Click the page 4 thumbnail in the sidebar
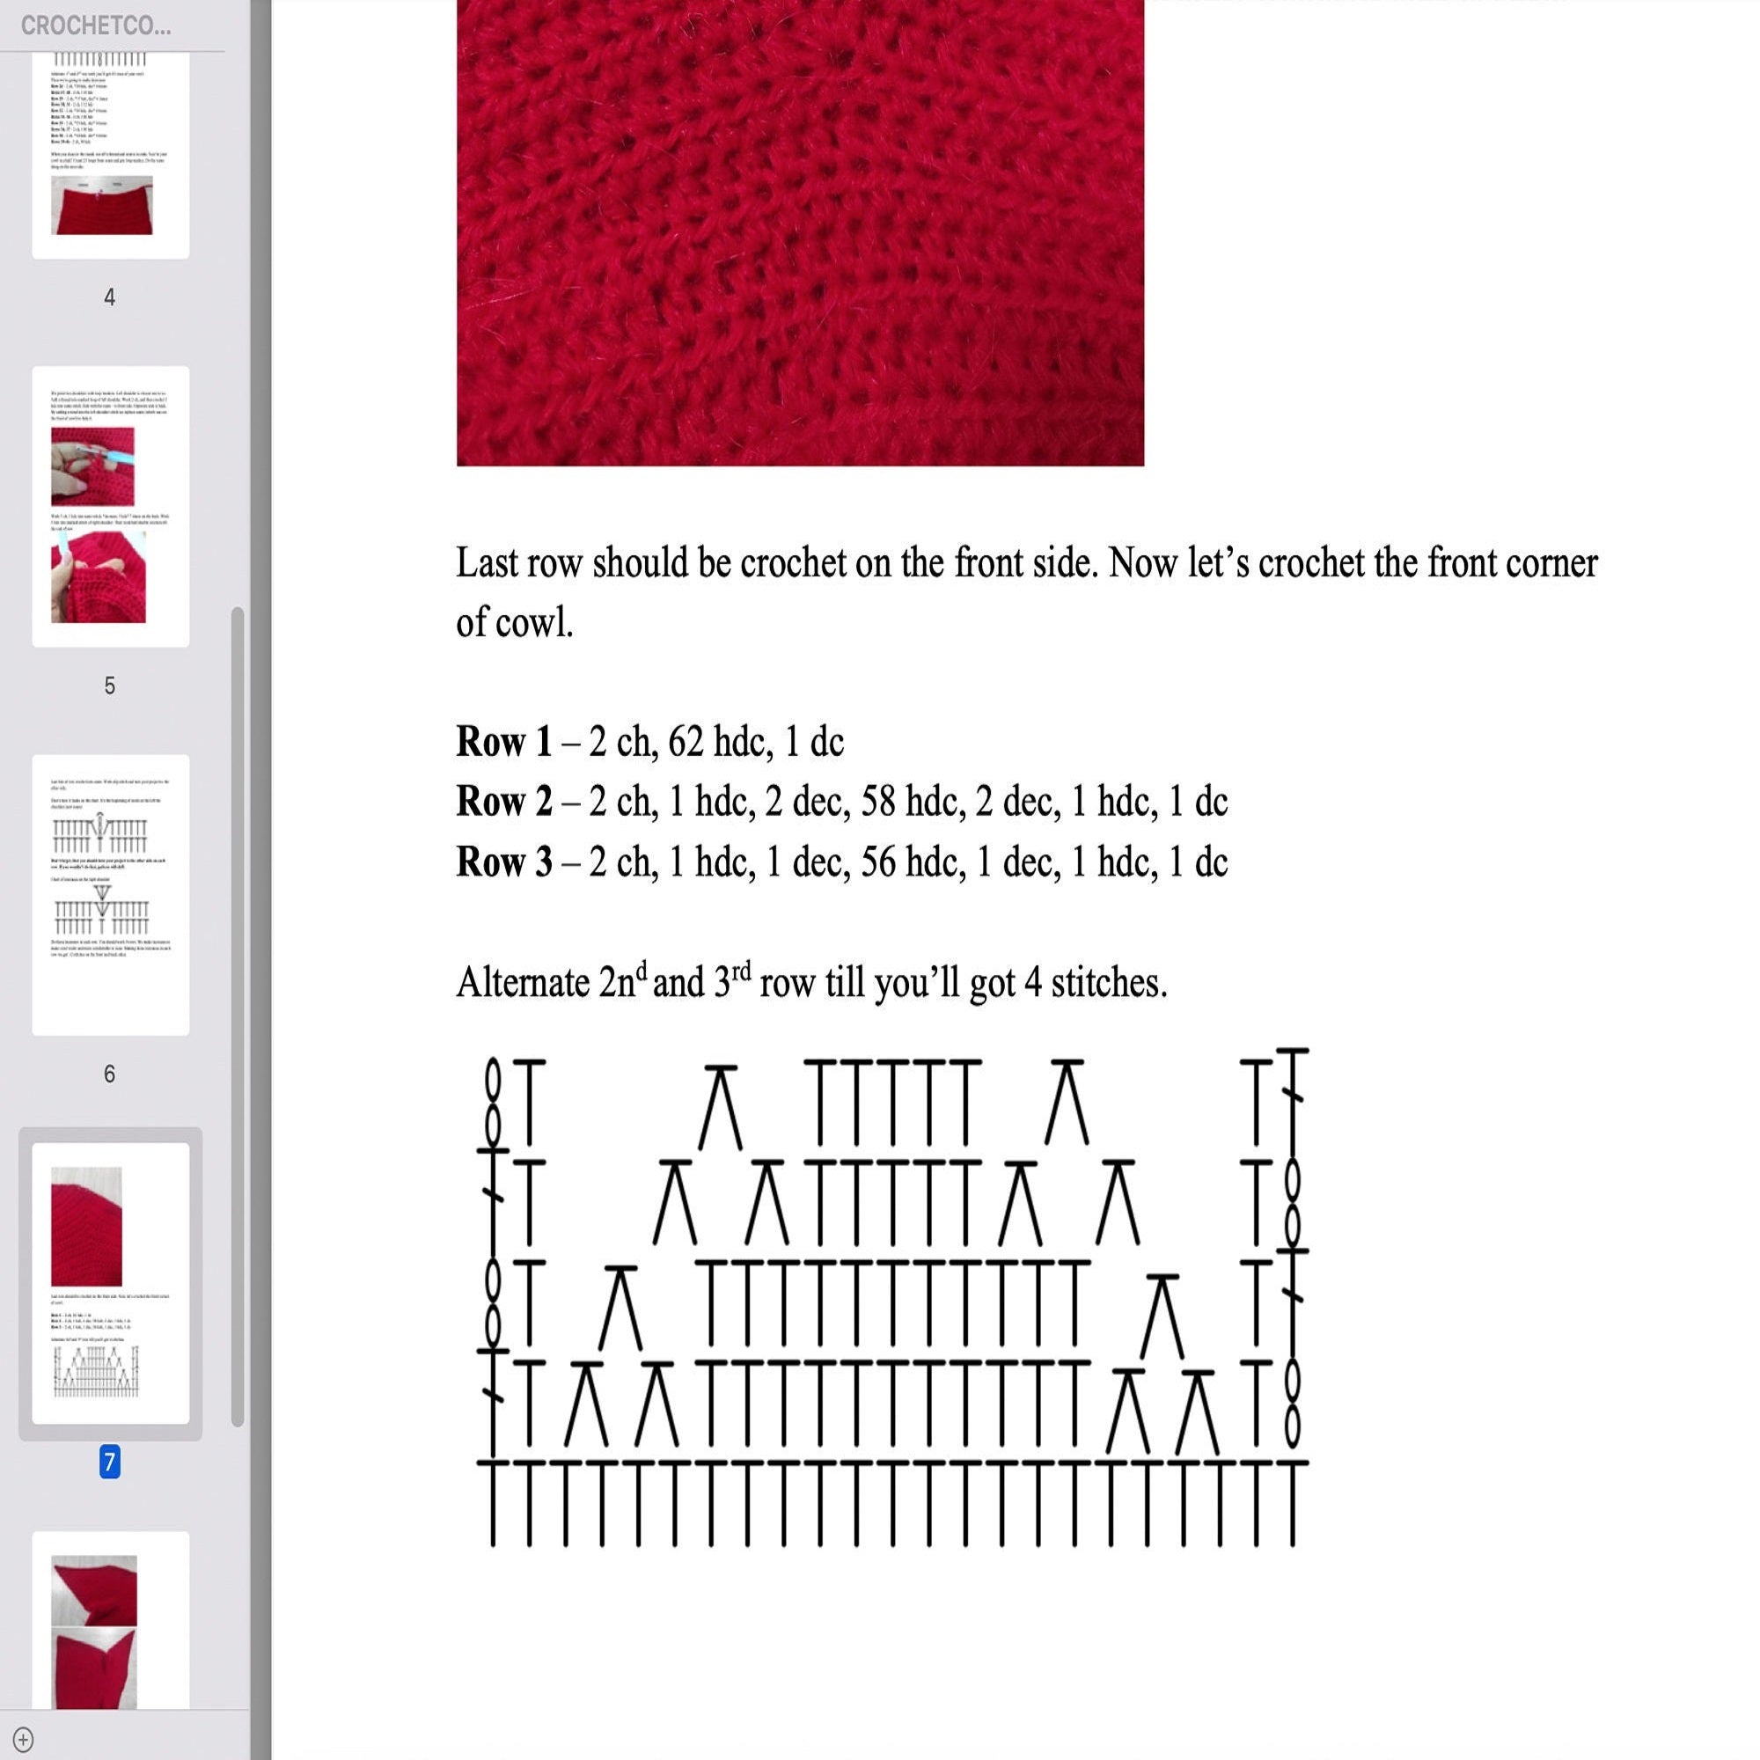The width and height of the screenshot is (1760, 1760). [110, 155]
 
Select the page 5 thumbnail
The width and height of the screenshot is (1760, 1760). [110, 507]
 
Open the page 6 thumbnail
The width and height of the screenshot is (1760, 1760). [110, 895]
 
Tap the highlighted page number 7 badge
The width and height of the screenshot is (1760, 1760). [109, 1462]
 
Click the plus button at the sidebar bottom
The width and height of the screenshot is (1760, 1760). [24, 1739]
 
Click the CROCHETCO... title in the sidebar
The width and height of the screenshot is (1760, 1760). [96, 26]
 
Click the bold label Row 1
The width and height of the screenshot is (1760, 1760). [503, 742]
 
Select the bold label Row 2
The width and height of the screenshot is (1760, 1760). [503, 802]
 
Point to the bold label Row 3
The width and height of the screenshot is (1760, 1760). [503, 862]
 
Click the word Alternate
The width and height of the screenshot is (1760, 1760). [523, 983]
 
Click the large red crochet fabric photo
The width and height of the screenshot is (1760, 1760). [800, 232]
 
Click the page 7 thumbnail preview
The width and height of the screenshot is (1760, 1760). [110, 1283]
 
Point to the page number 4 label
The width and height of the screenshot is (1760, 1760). [109, 297]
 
